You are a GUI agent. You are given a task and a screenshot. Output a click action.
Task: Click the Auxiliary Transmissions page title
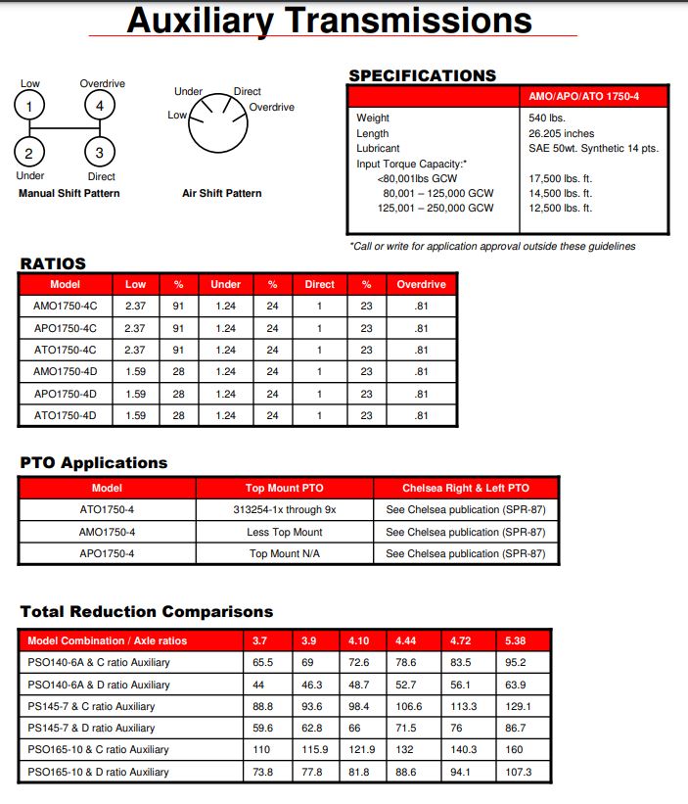pos(330,21)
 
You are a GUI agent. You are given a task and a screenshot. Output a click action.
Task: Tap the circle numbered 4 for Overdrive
pos(99,106)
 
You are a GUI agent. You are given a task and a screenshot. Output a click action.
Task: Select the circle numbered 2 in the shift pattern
pos(29,152)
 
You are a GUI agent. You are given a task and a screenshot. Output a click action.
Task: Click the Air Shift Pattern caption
pos(222,194)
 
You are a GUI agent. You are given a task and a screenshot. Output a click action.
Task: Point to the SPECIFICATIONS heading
pos(422,75)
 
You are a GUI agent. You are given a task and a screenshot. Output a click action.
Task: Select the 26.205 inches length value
pos(561,133)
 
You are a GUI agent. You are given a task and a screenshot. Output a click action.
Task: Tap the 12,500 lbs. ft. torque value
pos(561,209)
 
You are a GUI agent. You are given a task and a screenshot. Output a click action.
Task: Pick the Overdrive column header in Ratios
pos(421,285)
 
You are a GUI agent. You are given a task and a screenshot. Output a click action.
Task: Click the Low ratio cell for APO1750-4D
pos(136,394)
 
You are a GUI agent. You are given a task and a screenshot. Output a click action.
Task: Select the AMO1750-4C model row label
pos(66,307)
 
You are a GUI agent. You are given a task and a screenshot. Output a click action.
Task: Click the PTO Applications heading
pos(94,462)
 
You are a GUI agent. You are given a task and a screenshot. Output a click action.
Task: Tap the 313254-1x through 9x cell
pos(285,510)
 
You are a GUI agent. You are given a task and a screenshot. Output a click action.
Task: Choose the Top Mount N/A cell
pos(285,553)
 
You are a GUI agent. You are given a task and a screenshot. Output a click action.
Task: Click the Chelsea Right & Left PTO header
pos(466,488)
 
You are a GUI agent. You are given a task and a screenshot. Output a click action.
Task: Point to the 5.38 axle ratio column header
pos(516,641)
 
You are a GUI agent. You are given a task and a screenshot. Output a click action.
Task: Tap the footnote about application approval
pos(492,246)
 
